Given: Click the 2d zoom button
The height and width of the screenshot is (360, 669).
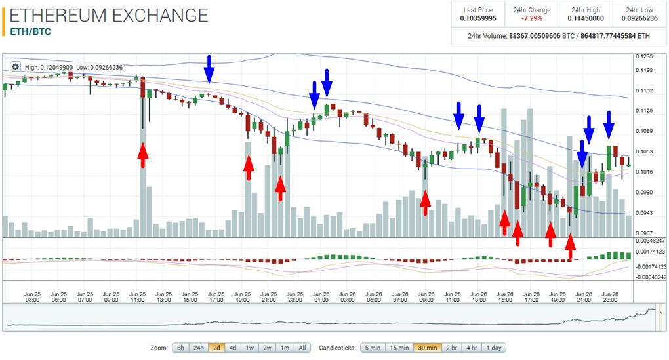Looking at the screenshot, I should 216,348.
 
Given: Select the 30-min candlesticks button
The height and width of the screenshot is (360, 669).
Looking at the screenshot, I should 428,348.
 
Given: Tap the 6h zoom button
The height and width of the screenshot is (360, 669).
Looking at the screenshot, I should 180,348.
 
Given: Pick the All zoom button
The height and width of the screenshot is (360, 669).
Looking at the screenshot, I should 302,348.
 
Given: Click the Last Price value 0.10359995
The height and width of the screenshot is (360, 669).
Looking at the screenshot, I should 479,18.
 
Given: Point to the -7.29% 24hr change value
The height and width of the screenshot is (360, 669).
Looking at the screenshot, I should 532,18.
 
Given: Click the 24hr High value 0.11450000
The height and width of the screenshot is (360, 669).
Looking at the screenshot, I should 586,18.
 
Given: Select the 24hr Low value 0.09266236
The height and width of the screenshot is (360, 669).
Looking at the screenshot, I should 639,18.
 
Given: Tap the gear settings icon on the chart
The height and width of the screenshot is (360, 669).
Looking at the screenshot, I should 15,66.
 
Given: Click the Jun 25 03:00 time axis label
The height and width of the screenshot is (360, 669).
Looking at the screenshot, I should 32,296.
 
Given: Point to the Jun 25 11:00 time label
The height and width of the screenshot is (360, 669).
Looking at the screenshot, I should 138,296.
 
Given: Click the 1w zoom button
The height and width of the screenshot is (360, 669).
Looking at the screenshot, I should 250,348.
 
